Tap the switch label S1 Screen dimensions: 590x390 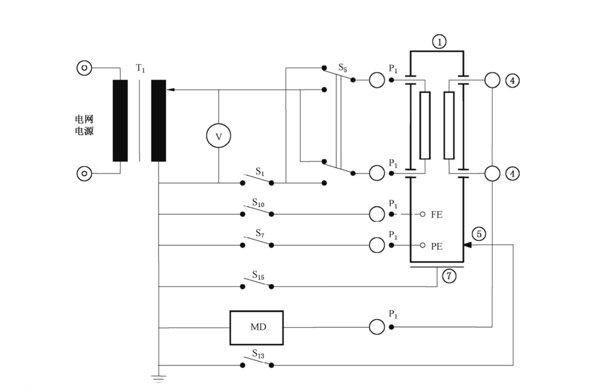click(x=260, y=172)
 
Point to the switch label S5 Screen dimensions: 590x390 click(x=343, y=68)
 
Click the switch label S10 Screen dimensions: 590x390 click(x=258, y=203)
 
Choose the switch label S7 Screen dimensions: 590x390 click(x=260, y=234)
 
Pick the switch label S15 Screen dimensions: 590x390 click(x=258, y=275)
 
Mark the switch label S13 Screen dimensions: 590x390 click(x=258, y=354)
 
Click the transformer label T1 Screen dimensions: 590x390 click(x=140, y=68)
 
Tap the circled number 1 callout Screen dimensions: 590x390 click(x=439, y=42)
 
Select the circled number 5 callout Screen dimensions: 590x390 click(x=479, y=234)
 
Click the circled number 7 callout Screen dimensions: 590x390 click(x=449, y=276)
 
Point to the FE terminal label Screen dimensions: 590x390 click(x=437, y=215)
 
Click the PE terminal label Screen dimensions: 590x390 click(x=437, y=246)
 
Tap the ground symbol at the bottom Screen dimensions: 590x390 click(x=158, y=379)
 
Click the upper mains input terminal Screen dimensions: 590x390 click(x=84, y=68)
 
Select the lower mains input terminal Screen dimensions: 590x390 click(x=84, y=173)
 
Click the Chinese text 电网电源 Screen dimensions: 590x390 click(x=84, y=125)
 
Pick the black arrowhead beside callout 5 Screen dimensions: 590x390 click(x=467, y=245)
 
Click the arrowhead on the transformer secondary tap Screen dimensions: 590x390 click(x=170, y=90)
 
